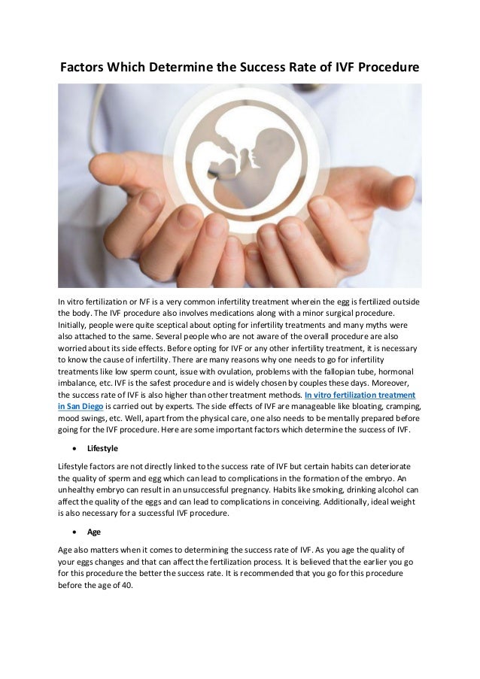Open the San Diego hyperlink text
pos(82,407)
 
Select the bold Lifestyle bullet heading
pos(104,448)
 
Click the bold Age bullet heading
pos(94,532)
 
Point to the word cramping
pos(402,407)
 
